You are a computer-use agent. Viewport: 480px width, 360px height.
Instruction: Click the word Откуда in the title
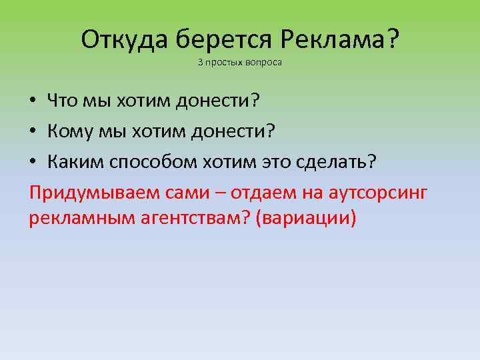click(125, 41)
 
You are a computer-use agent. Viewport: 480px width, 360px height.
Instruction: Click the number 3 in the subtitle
click(199, 63)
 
